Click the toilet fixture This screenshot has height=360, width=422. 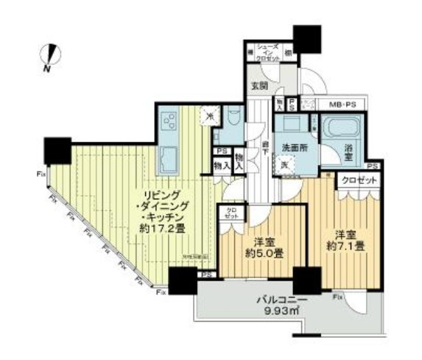tap(233, 120)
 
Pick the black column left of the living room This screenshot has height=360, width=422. tap(57, 151)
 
